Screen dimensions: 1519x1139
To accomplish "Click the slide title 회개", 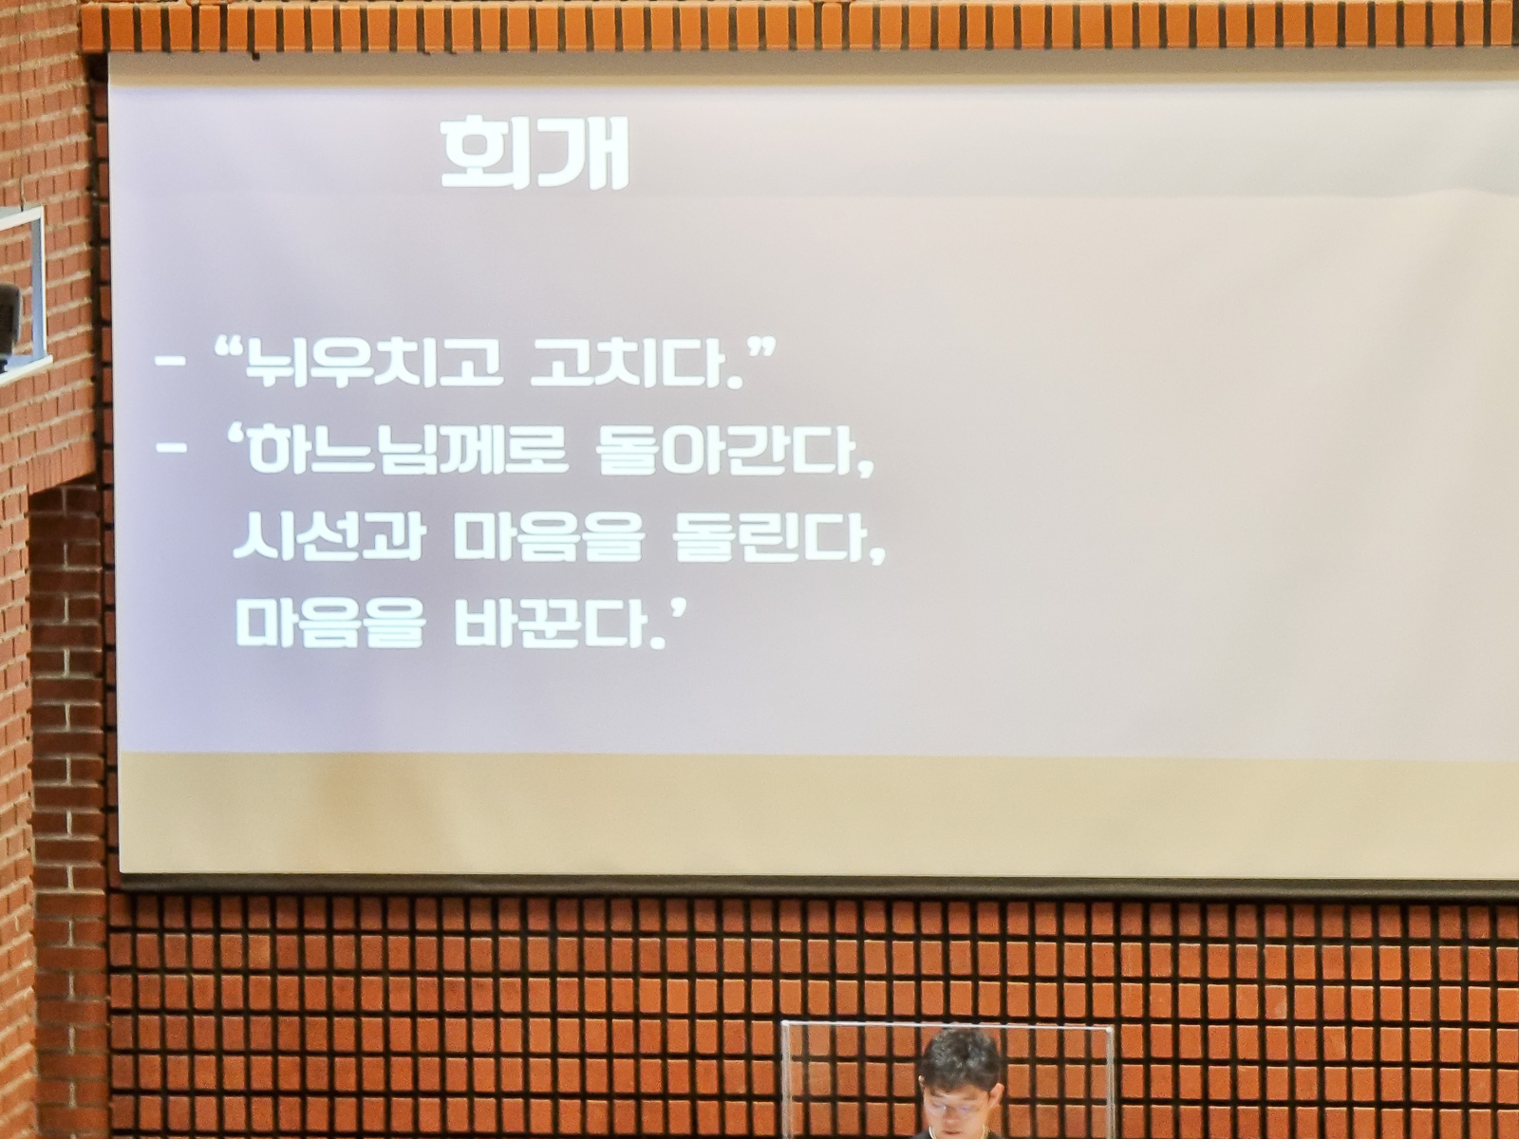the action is pos(534,154).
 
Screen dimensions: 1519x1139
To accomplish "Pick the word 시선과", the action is pos(328,536).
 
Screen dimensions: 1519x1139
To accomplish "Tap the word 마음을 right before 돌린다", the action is pos(550,536).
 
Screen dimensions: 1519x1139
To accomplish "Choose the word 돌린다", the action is pos(767,536).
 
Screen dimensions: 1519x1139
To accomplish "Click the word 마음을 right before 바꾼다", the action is pos(329,622).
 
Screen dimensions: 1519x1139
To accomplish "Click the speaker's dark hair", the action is pos(961,1057).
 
